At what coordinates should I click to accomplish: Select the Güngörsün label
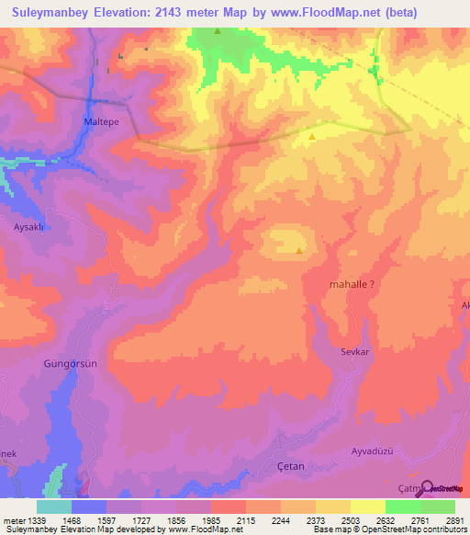click(71, 364)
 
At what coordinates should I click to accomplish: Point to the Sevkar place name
click(353, 352)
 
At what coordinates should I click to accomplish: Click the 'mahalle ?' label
click(352, 285)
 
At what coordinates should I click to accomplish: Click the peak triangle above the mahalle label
click(299, 249)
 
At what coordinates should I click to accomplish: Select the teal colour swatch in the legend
click(54, 507)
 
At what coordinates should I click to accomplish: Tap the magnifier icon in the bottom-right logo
click(425, 487)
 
